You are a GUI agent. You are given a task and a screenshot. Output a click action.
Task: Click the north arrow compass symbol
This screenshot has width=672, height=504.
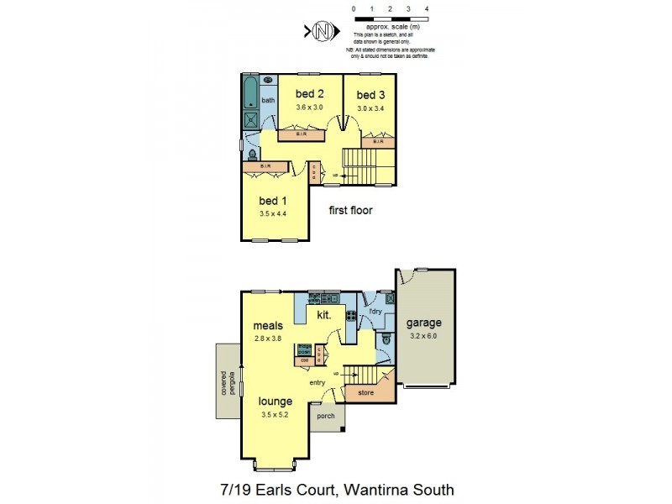[320, 32]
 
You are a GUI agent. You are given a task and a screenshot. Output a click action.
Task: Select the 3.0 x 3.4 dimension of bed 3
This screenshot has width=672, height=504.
[370, 108]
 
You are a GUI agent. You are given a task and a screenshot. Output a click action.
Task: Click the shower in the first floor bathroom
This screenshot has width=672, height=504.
[251, 121]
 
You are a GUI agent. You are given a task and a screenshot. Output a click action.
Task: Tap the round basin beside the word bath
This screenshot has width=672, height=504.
[267, 81]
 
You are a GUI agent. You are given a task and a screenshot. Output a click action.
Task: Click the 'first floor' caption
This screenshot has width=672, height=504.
[350, 211]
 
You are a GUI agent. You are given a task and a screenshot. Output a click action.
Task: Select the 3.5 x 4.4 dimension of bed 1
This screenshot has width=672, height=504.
[273, 214]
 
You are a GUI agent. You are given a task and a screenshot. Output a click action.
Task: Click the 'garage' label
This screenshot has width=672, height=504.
[423, 323]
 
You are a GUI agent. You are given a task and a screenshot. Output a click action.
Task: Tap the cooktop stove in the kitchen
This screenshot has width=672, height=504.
[351, 318]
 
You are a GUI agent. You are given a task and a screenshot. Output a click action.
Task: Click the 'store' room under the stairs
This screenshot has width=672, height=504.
[365, 391]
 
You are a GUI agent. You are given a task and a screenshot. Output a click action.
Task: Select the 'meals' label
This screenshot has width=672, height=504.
[268, 326]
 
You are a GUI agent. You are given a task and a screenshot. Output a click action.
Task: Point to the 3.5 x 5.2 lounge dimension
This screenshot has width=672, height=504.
[276, 414]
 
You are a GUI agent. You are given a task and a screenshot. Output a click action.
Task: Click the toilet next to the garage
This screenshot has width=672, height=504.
[385, 338]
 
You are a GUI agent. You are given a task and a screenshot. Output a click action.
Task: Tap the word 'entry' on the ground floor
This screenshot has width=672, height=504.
[317, 383]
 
